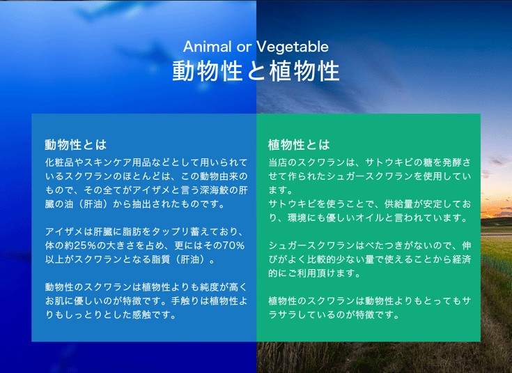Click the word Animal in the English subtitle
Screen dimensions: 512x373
tap(208, 47)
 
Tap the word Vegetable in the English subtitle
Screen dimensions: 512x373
tap(293, 47)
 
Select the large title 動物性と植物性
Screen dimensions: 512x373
tap(256, 71)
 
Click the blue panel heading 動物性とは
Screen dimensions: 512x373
tap(76, 144)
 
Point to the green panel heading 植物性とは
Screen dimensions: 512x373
tap(299, 144)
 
